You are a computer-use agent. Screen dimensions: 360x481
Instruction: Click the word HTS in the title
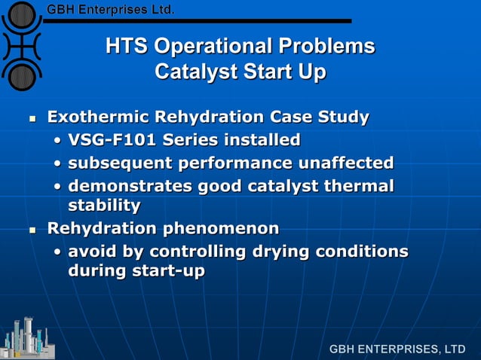coord(127,47)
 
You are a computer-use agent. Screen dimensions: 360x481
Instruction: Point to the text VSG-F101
coord(110,140)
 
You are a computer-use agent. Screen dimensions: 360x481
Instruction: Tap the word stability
coord(104,205)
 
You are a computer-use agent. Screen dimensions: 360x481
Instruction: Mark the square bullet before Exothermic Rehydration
coord(32,119)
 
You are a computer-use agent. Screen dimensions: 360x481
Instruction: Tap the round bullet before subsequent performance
coord(58,163)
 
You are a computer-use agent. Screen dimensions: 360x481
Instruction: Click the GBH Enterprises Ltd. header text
coord(111,10)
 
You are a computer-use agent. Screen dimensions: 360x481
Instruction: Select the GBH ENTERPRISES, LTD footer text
coord(397,349)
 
